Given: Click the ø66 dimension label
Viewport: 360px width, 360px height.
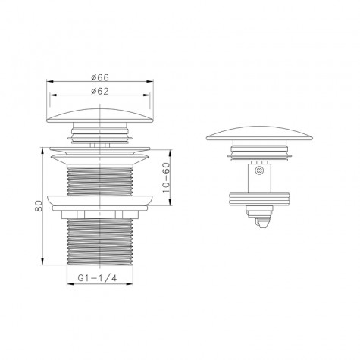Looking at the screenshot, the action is click(100, 77).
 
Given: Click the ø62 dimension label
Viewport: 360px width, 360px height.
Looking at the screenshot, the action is click(100, 91).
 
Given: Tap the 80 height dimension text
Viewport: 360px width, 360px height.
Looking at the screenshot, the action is click(39, 206).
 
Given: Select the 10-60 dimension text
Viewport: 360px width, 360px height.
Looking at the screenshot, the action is click(166, 177).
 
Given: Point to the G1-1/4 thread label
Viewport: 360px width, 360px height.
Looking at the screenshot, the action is click(98, 278).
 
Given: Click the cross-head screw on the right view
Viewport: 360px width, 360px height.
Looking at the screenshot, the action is click(259, 171).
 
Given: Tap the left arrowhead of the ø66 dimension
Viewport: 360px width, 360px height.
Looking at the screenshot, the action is click(50, 81).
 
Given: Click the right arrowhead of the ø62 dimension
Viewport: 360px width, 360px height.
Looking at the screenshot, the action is click(147, 95).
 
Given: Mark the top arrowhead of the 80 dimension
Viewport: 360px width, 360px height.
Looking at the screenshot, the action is click(42, 150).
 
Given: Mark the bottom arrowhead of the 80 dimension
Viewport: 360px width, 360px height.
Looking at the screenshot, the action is click(42, 261).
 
